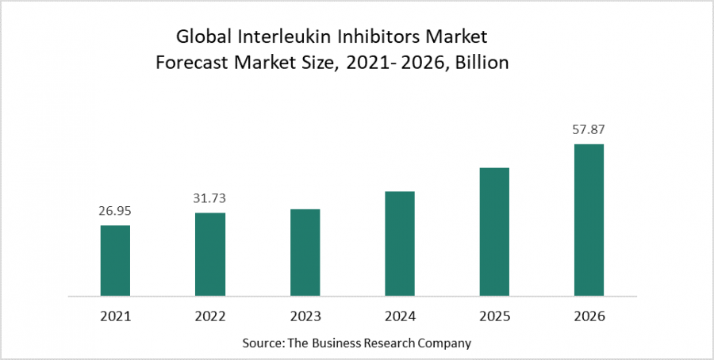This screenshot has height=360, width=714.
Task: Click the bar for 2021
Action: pos(115,261)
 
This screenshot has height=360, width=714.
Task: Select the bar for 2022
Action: pos(210,255)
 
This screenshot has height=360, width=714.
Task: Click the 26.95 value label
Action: pos(115,212)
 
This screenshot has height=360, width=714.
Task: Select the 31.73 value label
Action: pos(210,199)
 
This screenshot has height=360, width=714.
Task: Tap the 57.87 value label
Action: pos(589,129)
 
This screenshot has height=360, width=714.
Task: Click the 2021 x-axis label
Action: pos(115,316)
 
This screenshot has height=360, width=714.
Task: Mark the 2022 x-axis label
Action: pos(210,316)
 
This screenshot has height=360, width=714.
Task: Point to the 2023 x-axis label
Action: pos(305,316)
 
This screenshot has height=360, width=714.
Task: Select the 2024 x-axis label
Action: pos(399,316)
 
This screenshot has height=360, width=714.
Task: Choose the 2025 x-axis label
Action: pos(494,316)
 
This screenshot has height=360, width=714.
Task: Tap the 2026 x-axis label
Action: pos(589,316)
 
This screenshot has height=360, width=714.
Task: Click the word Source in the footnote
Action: pos(264,343)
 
